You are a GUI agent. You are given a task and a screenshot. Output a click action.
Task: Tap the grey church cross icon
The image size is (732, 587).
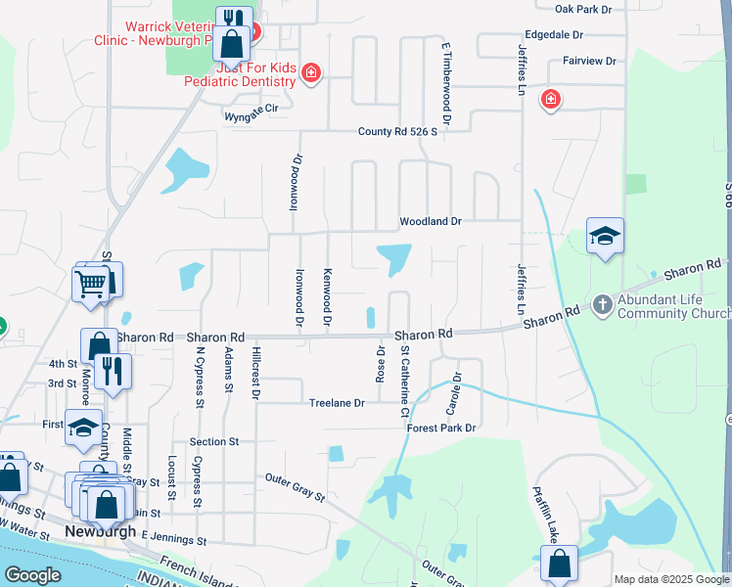pyautogui.click(x=602, y=305)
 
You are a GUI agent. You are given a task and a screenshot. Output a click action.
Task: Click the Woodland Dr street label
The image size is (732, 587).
pyautogui.click(x=430, y=222)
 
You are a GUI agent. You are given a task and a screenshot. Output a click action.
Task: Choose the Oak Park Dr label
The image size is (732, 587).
pyautogui.click(x=582, y=9)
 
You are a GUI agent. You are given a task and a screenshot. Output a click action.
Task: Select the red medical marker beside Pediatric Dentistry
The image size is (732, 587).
pyautogui.click(x=311, y=72)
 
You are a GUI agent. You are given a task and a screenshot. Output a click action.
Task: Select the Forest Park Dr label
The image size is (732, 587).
pyautogui.click(x=441, y=428)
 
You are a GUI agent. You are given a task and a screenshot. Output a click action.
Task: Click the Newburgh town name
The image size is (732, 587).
pyautogui.click(x=100, y=531)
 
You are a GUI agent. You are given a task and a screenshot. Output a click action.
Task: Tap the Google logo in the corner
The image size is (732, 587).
pyautogui.click(x=32, y=574)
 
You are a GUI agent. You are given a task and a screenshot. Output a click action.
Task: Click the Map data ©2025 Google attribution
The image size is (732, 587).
pyautogui.click(x=670, y=579)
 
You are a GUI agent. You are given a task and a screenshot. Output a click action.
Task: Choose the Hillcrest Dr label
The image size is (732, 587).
pyautogui.click(x=255, y=372)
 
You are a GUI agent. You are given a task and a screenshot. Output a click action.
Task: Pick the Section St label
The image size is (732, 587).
pyautogui.click(x=214, y=442)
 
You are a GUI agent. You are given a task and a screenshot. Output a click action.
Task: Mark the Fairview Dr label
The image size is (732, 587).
pyautogui.click(x=589, y=61)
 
